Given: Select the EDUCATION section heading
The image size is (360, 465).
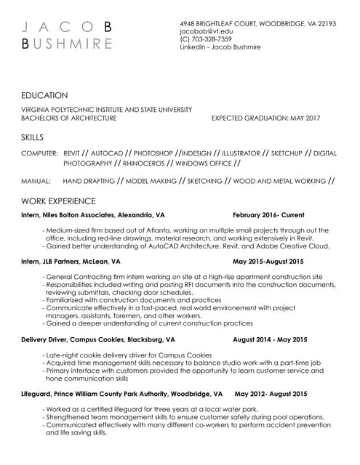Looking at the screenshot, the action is (45, 95).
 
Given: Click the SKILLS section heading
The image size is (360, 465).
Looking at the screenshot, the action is (33, 137).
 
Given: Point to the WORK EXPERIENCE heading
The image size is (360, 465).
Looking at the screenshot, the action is (58, 200).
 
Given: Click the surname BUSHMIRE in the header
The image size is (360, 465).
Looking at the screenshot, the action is (68, 43).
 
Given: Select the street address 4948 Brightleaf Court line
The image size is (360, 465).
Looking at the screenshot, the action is (257, 24).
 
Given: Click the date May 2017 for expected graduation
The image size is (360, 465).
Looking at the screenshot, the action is (305, 118).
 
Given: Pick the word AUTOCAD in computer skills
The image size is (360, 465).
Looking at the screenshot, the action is (107, 154).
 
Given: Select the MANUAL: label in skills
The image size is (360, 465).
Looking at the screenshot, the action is (36, 180).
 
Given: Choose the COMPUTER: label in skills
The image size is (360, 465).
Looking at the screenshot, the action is (39, 154).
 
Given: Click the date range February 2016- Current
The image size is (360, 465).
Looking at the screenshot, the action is (268, 215).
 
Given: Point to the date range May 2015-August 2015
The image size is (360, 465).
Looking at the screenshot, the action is (268, 260).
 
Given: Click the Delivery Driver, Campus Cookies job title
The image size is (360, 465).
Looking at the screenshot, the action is (98, 339).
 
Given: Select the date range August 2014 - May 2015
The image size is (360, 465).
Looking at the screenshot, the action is (270, 339).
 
